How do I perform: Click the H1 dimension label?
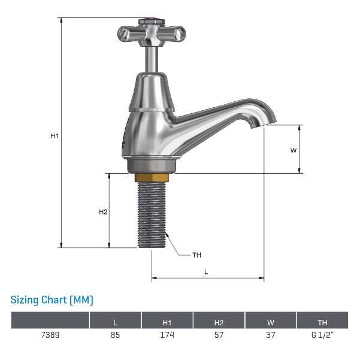55,136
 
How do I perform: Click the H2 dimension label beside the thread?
103,212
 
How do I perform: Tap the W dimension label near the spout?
294,150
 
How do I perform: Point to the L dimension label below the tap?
206,271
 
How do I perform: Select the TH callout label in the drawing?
196,255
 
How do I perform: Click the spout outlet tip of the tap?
258,123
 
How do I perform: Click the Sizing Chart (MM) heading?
52,300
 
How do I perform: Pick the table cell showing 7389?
51,335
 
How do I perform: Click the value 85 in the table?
116,335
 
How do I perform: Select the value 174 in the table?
167,335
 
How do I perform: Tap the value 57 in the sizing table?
219,335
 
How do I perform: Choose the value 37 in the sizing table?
271,335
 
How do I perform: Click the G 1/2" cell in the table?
322,335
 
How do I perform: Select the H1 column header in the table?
167,322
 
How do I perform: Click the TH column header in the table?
322,322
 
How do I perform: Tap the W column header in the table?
271,322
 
